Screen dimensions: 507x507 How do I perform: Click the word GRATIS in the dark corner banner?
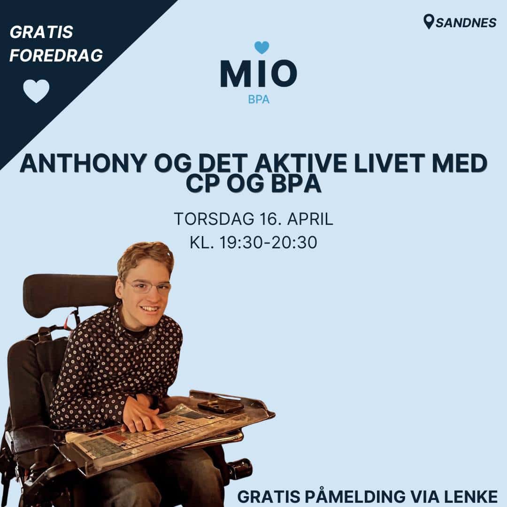pyautogui.click(x=41, y=32)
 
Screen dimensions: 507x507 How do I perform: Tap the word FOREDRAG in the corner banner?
pyautogui.click(x=56, y=55)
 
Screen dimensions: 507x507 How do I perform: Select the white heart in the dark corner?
pyautogui.click(x=36, y=91)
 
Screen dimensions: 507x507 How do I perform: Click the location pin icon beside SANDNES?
pyautogui.click(x=428, y=22)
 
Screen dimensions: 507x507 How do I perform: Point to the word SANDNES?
pyautogui.click(x=466, y=23)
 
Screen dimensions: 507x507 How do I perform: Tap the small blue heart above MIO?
pyautogui.click(x=261, y=47)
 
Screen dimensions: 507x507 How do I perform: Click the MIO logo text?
pyautogui.click(x=258, y=74)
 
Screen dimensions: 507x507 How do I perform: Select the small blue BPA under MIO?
pyautogui.click(x=259, y=100)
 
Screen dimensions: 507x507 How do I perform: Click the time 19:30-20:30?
pyautogui.click(x=269, y=243)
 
